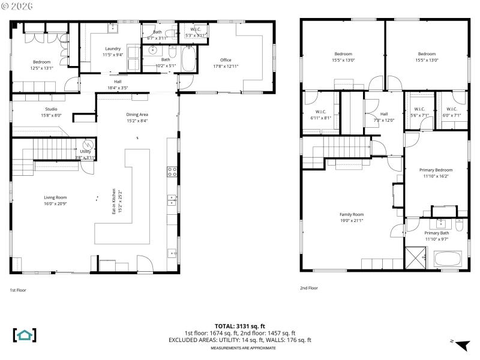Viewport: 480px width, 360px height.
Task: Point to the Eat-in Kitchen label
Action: [113, 202]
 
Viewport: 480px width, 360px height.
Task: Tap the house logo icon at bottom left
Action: [25, 335]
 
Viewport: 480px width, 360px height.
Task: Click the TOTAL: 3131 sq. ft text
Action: [240, 326]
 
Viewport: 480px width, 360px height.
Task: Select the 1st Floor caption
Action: [17, 290]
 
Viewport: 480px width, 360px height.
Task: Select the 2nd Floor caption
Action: [309, 288]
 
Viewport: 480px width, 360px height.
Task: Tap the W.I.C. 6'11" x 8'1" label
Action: [320, 115]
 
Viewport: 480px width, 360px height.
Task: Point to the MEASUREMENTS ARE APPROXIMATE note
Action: [240, 347]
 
